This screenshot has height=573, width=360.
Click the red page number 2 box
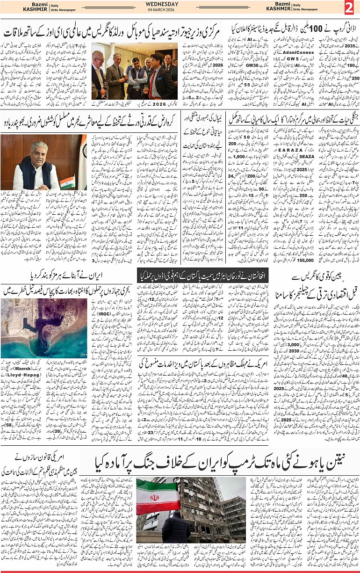350,7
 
